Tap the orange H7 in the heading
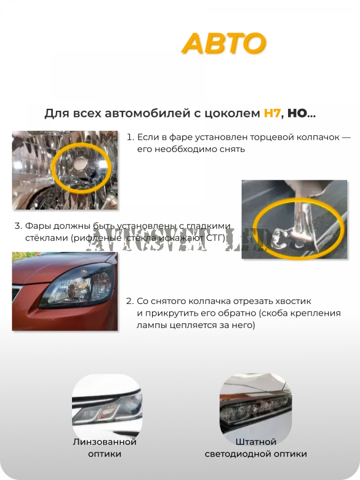pos(272,114)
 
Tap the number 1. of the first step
pos(130,137)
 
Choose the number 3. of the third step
pos(18,226)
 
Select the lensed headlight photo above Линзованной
pos(107,408)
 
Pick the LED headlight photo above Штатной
pos(255,408)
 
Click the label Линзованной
pos(105,442)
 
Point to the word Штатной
pos(256,442)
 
